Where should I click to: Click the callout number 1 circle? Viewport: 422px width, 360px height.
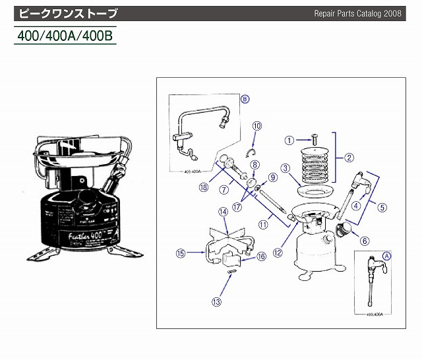tap(288, 140)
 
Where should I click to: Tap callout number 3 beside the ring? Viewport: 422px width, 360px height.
tap(286, 168)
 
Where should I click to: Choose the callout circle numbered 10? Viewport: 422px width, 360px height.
tap(257, 126)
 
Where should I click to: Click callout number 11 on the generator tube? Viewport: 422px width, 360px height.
tap(263, 224)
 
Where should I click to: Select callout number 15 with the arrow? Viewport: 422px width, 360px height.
tap(181, 251)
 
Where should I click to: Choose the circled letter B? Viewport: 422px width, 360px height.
tap(245, 99)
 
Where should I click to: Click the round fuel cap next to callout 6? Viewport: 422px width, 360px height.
tap(344, 230)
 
